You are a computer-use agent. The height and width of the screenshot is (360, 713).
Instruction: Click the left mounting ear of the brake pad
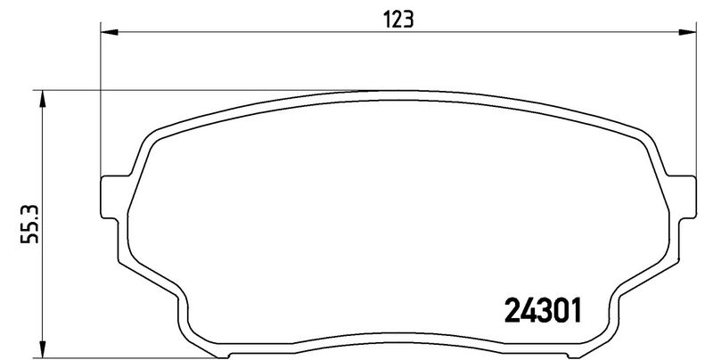coord(109,193)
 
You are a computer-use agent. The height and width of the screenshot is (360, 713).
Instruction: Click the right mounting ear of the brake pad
coord(683,193)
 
